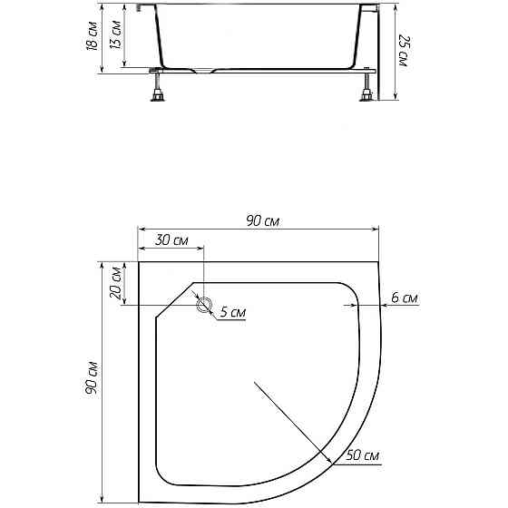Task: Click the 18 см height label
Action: [92, 36]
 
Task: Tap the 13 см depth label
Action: [115, 34]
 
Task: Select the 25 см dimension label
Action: [405, 51]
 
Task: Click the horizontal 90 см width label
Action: [262, 221]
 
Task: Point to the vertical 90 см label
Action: [91, 377]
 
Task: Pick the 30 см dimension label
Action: [171, 240]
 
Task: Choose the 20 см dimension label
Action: [116, 283]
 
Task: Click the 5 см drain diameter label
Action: [233, 312]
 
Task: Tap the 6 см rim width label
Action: [405, 298]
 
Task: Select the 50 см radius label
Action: [362, 455]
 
